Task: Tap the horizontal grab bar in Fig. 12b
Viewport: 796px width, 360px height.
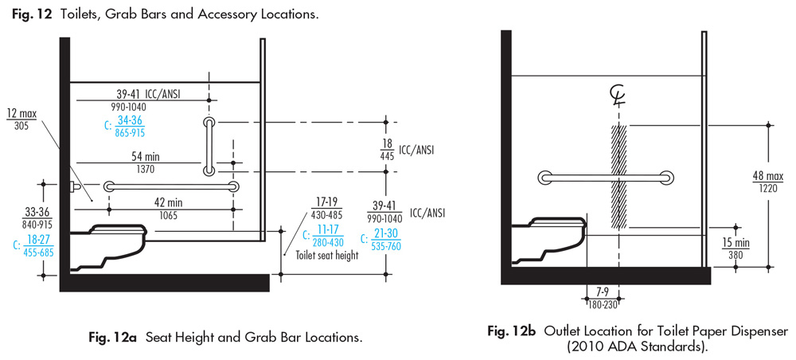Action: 605,177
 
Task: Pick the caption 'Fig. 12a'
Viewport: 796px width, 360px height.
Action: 111,338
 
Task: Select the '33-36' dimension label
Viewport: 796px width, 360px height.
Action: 37,213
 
